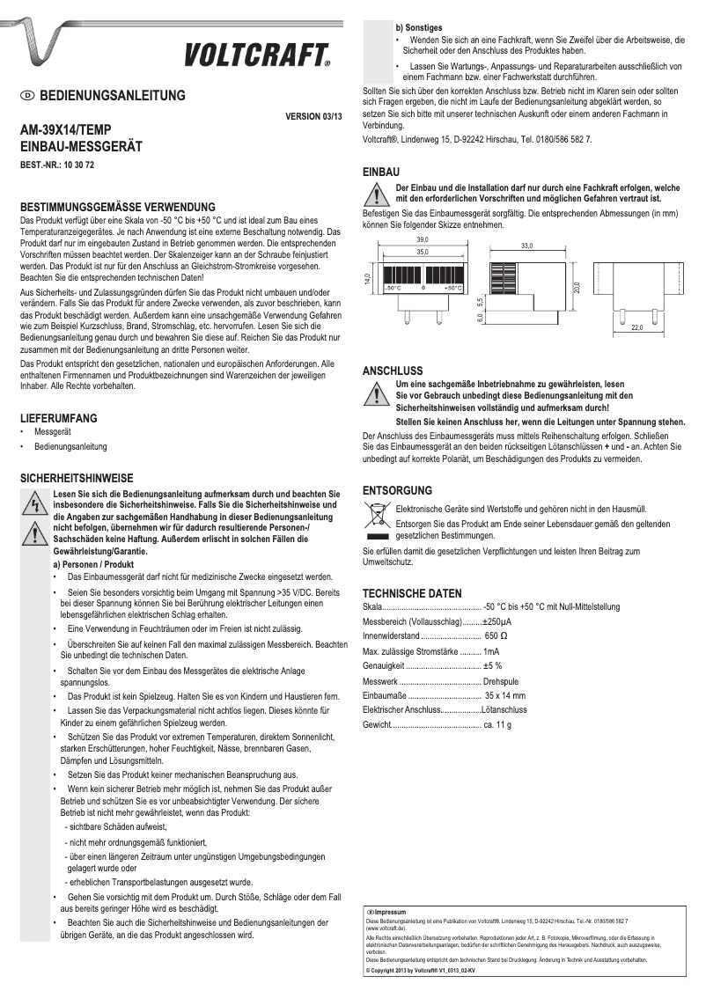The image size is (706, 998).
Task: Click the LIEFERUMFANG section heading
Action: tap(59, 418)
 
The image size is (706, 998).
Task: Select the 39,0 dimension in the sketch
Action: tap(423, 239)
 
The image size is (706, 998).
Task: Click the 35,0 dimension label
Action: tap(423, 253)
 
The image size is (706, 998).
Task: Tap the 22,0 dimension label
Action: tap(636, 327)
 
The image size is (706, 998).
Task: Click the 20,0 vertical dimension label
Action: tap(577, 288)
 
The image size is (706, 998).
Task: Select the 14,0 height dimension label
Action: tap(367, 279)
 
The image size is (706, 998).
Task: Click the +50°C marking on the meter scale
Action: tap(452, 288)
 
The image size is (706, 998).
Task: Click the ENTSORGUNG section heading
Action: tap(397, 490)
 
